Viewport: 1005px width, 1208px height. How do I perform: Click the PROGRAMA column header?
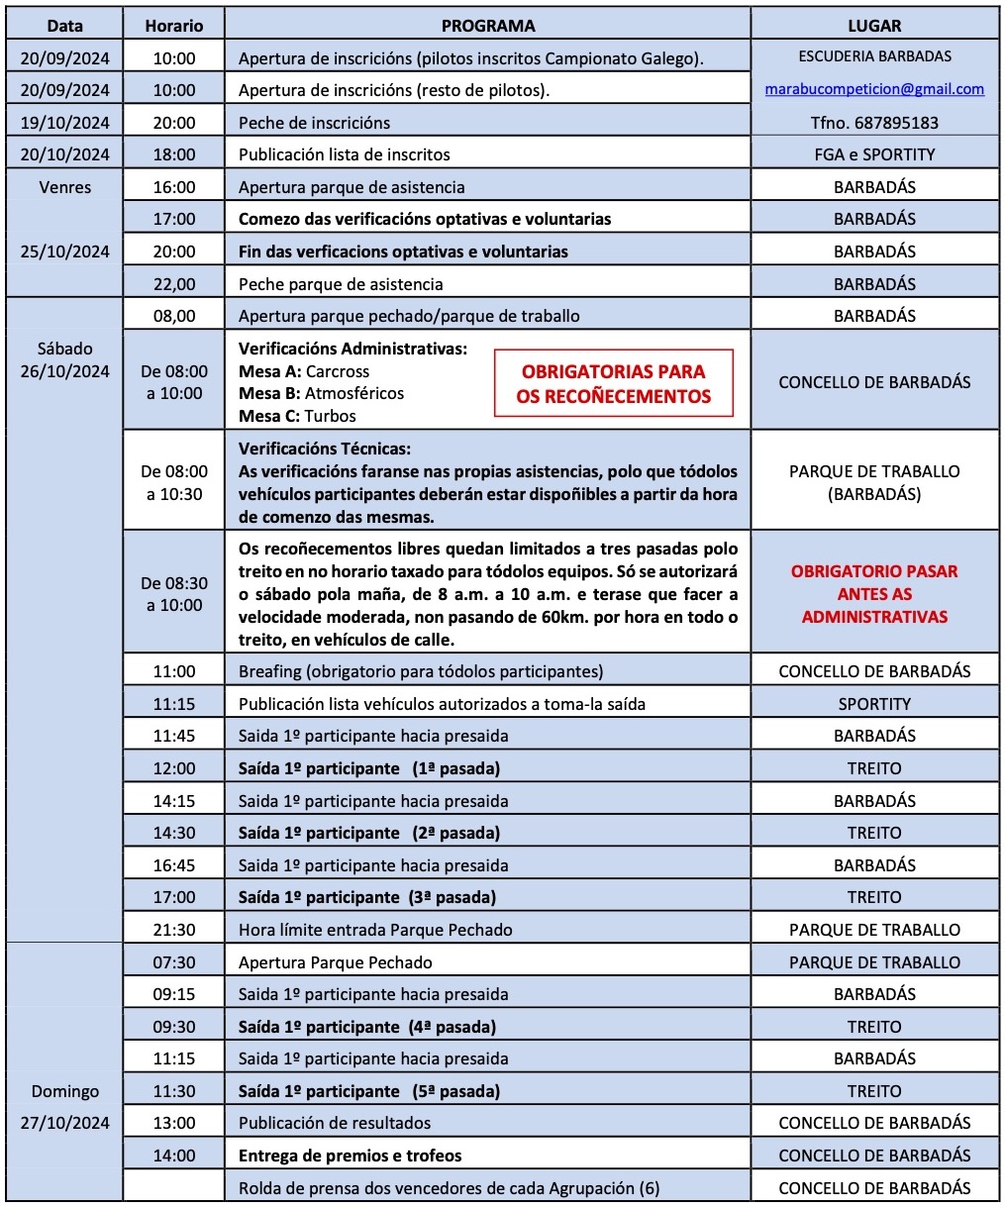pos(487,26)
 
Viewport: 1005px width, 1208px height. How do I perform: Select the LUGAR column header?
pos(874,26)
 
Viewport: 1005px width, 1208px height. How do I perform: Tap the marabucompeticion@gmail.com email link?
pos(874,89)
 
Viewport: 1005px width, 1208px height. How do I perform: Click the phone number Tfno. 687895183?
pos(874,123)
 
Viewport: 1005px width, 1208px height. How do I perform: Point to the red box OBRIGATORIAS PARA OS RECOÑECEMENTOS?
pos(613,384)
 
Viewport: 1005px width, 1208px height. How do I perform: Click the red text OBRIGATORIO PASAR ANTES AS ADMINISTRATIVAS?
pos(874,594)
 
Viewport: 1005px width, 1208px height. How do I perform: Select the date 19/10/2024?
pos(64,123)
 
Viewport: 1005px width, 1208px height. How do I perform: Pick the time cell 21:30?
pos(174,930)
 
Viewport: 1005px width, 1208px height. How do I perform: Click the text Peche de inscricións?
pos(314,123)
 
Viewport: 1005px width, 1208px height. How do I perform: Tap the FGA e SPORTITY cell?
pos(874,154)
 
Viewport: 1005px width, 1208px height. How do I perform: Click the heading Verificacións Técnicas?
pos(325,449)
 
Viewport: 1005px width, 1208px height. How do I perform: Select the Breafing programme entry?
pos(420,671)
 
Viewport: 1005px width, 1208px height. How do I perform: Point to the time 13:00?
pos(174,1123)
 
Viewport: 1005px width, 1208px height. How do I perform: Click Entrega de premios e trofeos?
pos(350,1156)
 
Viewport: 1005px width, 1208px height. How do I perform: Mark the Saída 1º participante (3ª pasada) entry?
pos(367,897)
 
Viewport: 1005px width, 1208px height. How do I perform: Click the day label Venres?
pos(64,187)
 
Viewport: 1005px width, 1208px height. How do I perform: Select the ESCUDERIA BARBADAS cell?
pos(874,56)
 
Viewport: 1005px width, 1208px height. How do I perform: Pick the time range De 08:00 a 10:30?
pos(174,482)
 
